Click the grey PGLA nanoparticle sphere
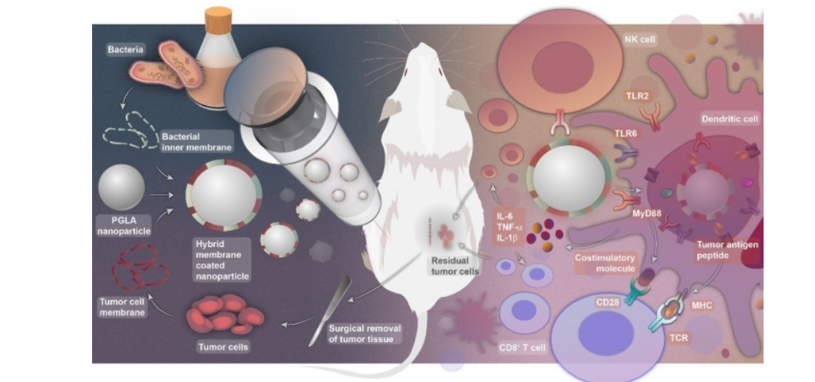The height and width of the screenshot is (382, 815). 121,186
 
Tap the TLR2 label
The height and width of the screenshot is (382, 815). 641,97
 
